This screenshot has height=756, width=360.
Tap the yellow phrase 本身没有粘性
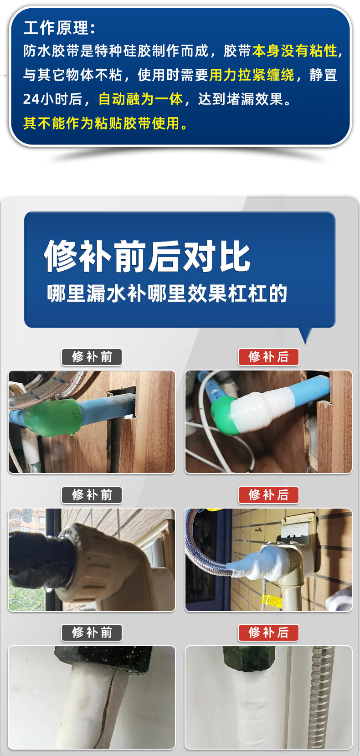[x=295, y=51]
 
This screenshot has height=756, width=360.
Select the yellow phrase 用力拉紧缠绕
[x=252, y=75]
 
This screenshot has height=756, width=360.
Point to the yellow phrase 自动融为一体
[x=141, y=99]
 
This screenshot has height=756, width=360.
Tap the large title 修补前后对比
[x=148, y=256]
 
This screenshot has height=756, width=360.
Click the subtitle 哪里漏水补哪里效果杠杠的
[x=167, y=293]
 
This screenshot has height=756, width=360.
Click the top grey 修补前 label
[x=92, y=357]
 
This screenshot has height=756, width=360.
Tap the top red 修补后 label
[x=268, y=357]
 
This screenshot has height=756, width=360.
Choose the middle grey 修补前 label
[x=92, y=495]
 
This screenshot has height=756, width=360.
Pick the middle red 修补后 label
[x=268, y=495]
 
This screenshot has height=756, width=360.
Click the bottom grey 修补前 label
[x=92, y=633]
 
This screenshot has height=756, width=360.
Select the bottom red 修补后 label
[x=268, y=633]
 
